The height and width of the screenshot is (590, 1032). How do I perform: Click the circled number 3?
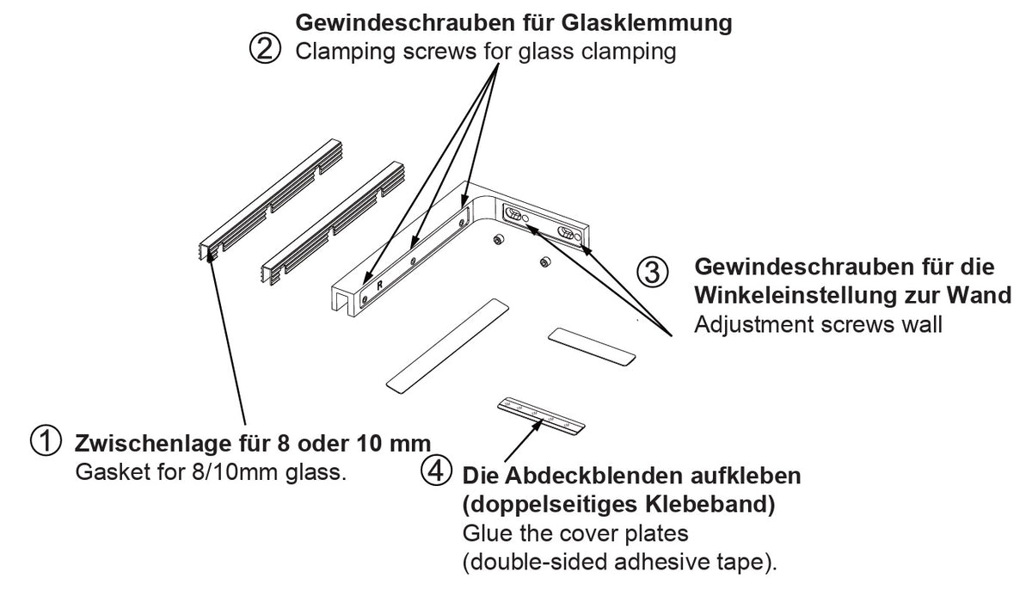tap(651, 272)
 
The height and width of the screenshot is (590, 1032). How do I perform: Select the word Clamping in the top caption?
tap(335, 52)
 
